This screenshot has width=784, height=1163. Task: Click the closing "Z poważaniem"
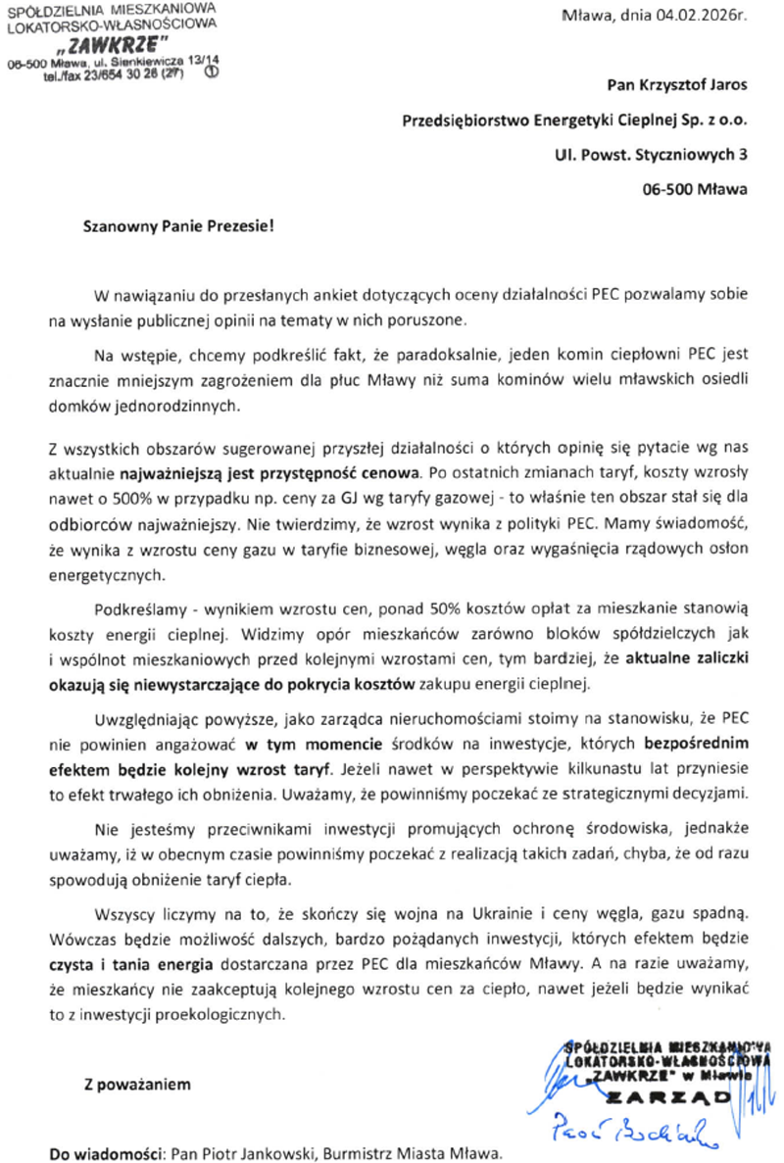(x=131, y=1085)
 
